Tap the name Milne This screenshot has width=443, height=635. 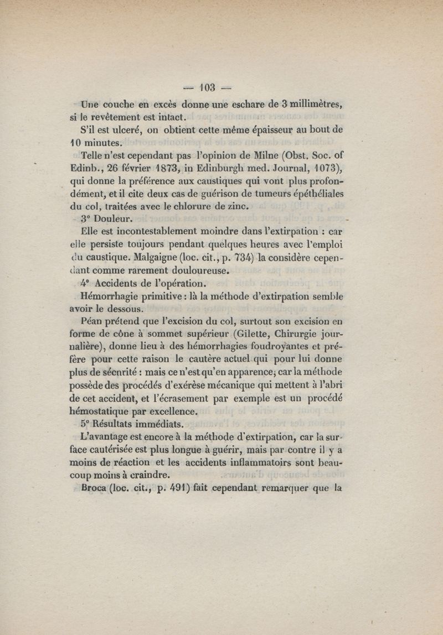click(x=231, y=157)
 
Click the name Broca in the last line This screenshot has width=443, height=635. click(x=94, y=488)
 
